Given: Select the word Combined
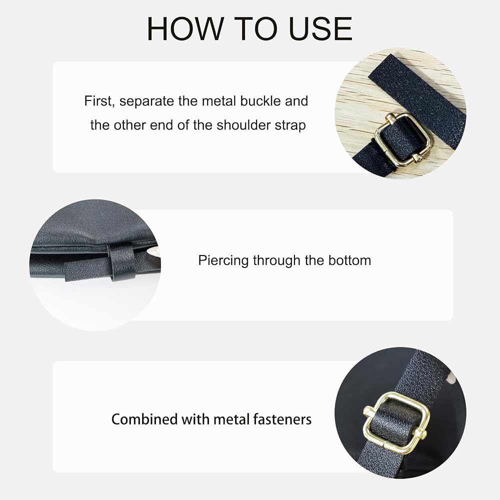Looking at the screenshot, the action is tap(145, 419).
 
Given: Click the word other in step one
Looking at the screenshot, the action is tap(130, 125).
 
